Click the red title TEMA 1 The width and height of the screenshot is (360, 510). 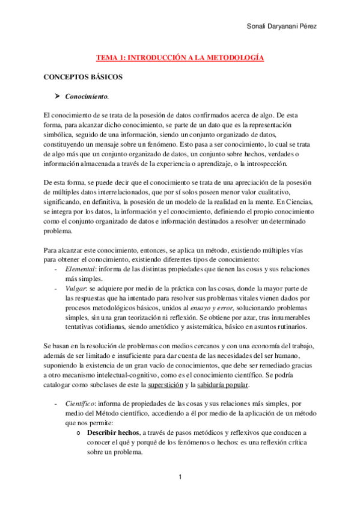tap(180, 58)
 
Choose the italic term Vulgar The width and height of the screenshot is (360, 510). tap(77, 289)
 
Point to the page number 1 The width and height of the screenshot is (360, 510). tap(180, 477)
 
